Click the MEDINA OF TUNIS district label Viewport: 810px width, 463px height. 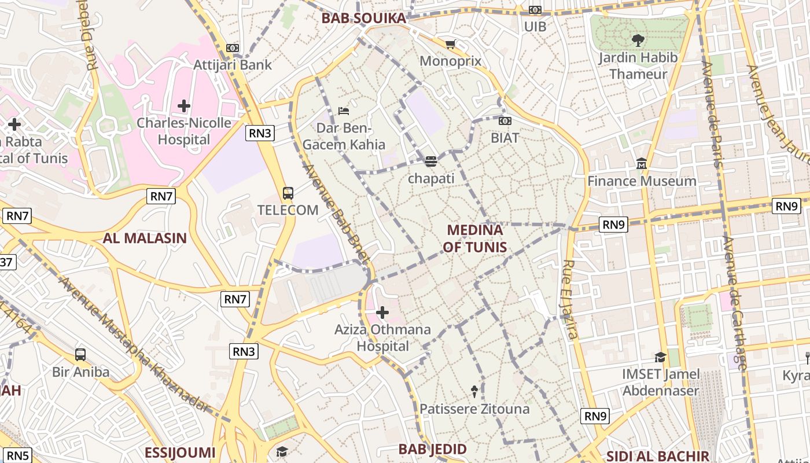(475, 238)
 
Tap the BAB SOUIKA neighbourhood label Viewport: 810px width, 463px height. (364, 18)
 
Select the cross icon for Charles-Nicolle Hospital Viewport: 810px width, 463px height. (184, 106)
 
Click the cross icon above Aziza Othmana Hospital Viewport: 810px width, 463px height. (382, 313)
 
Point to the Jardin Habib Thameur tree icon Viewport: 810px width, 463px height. (638, 41)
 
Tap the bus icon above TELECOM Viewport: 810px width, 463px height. (288, 193)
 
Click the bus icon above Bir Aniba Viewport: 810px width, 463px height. (80, 355)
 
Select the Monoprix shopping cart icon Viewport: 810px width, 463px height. (451, 44)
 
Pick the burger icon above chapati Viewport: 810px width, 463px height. (430, 161)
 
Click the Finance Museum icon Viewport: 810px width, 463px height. (642, 164)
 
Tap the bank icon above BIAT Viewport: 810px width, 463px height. (505, 121)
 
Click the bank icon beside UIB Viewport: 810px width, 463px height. (535, 10)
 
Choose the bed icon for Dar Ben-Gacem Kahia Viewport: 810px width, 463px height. (344, 111)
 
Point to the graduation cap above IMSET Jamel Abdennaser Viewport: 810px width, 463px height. (660, 358)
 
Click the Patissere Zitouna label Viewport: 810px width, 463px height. (474, 409)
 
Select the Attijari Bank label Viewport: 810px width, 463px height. (233, 64)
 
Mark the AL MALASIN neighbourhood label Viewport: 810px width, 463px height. (145, 238)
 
